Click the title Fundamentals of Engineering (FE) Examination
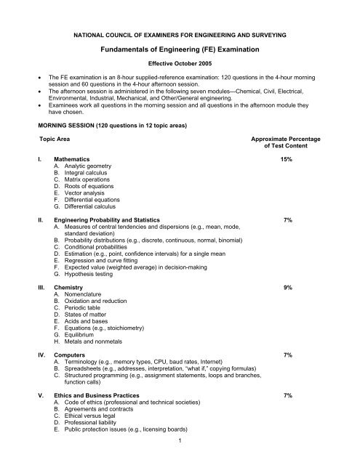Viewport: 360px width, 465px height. pos(180,49)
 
